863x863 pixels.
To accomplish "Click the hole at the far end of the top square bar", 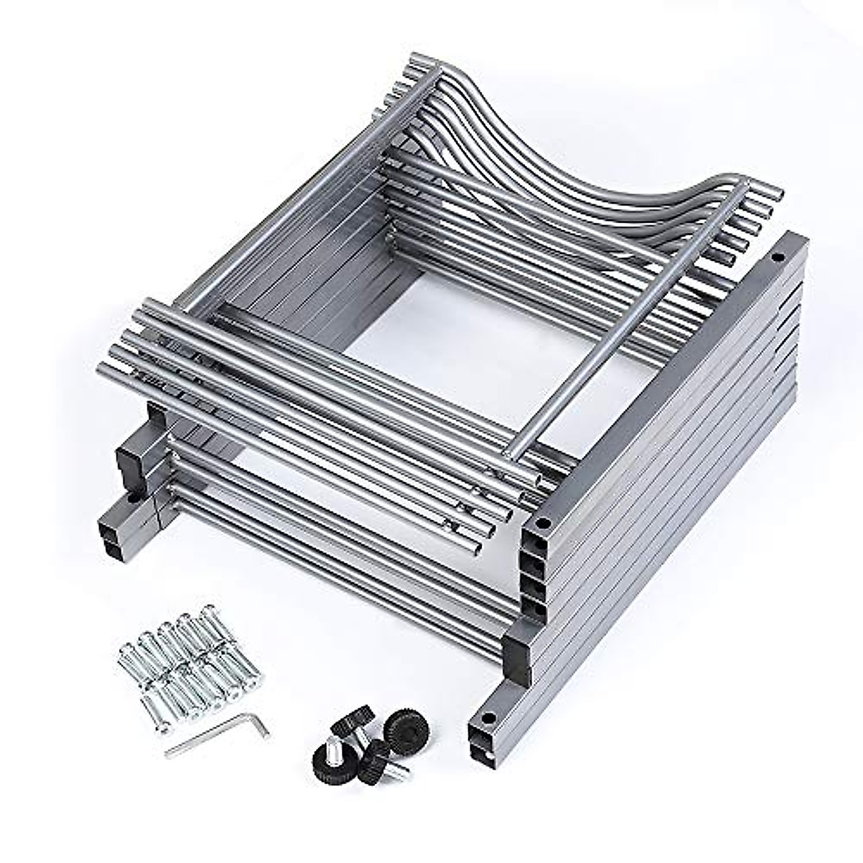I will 777,257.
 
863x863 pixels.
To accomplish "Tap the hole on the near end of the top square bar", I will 542,523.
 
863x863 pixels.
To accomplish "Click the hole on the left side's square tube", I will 134,497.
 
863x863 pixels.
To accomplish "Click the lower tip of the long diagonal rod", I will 511,452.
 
